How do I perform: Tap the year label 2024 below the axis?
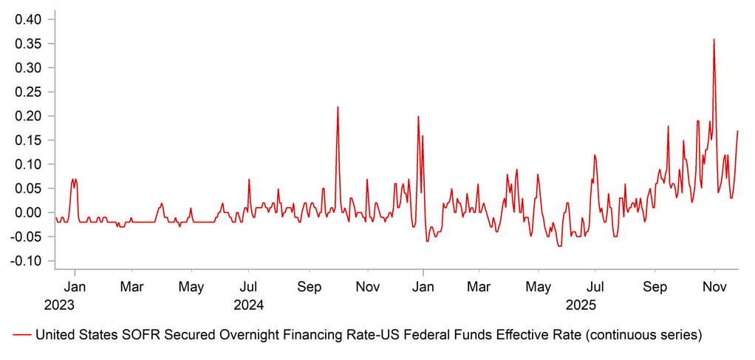point(249,304)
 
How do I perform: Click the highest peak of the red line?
point(714,40)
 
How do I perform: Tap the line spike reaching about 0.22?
point(338,107)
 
